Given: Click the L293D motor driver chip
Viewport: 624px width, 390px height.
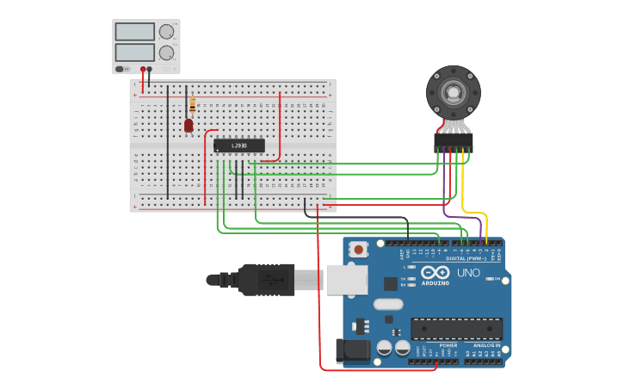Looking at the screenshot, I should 238,145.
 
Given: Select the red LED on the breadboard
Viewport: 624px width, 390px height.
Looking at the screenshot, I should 188,126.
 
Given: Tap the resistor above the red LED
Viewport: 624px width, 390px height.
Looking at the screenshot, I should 192,105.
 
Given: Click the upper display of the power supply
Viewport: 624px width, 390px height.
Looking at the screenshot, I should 134,32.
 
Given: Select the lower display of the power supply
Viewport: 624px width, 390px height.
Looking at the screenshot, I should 134,53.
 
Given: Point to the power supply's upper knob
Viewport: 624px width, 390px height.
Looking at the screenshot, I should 166,32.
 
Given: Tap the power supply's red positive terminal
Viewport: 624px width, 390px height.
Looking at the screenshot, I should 143,69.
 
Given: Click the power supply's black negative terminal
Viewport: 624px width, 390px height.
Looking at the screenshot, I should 150,69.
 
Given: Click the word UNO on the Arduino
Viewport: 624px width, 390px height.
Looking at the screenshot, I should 468,273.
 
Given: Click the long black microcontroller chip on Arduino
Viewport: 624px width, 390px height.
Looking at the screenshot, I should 456,328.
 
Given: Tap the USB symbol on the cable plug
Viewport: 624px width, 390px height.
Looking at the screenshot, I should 269,280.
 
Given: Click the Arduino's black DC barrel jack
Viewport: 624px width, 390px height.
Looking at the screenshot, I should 352,350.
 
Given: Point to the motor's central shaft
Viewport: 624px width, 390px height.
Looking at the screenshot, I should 453,91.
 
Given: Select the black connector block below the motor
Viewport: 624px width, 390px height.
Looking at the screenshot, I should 453,142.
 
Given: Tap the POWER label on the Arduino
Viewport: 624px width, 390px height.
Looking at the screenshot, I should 424,345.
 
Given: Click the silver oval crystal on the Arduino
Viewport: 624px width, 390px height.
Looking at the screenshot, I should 388,303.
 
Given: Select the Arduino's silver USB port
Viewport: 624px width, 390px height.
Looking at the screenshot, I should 346,280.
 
